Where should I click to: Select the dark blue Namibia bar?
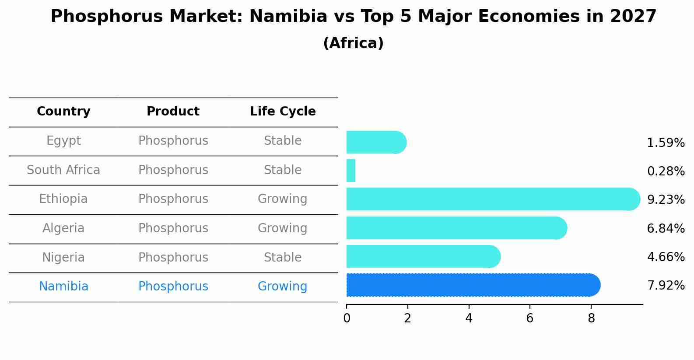pos(473,285)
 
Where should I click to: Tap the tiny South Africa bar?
pos(351,171)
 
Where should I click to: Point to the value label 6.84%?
pos(665,228)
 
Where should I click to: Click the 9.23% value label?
pos(665,200)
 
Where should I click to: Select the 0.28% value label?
pos(665,171)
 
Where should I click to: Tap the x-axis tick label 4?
pos(469,318)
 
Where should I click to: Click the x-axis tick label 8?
pos(591,318)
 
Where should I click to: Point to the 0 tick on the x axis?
pos(347,318)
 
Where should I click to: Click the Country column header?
pos(63,112)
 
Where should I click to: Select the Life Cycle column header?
pos(283,112)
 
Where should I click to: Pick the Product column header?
pos(173,112)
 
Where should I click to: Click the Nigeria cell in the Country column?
pos(63,258)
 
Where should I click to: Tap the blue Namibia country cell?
pos(63,287)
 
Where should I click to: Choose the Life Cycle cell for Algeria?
pos(282,228)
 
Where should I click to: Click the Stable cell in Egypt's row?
pos(282,141)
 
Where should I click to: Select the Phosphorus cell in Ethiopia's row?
pos(173,199)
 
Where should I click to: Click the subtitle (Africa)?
pos(353,43)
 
